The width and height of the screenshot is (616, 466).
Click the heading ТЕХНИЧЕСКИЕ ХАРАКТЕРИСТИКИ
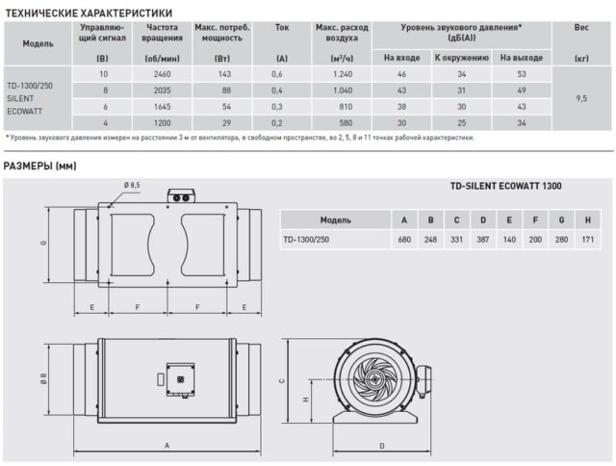coord(89,13)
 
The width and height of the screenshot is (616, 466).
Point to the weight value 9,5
coord(580,97)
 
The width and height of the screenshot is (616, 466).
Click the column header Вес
coord(580,29)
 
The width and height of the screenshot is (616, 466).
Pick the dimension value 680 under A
coord(403,238)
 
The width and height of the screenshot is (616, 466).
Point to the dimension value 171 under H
coord(586,238)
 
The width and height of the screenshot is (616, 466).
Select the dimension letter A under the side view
coord(167,446)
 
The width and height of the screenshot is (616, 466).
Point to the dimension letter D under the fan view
coord(382,446)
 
